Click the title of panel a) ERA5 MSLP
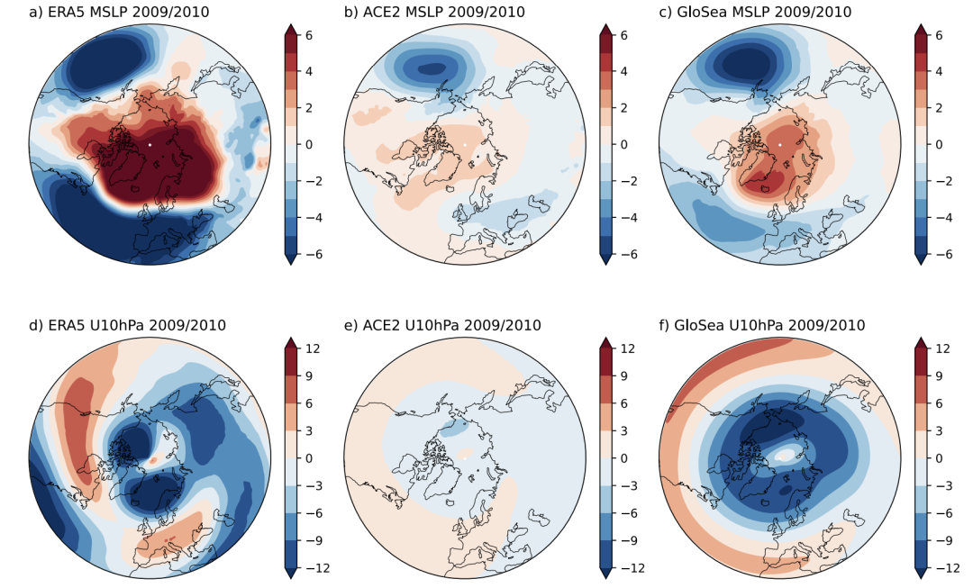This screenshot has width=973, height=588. click(x=119, y=12)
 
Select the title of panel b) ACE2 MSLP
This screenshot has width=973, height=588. click(x=434, y=12)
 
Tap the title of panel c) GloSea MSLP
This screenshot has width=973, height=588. click(x=755, y=12)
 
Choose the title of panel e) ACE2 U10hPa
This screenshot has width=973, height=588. click(x=442, y=325)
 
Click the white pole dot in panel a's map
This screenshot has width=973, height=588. click(x=150, y=144)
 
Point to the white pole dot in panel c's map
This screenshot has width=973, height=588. click(x=780, y=144)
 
